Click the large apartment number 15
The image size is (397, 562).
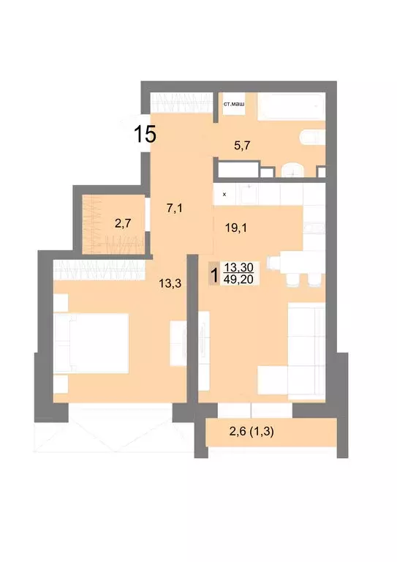click(145, 134)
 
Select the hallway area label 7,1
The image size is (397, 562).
click(174, 208)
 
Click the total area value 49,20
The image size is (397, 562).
click(239, 280)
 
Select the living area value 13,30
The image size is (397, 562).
click(239, 268)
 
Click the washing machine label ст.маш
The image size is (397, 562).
click(234, 103)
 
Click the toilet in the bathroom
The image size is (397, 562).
click(311, 138)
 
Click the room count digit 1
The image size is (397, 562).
click(213, 275)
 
